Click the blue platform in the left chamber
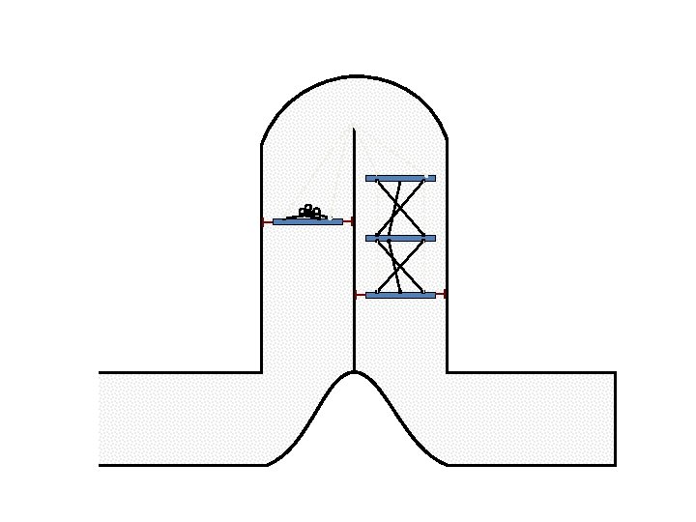click(307, 221)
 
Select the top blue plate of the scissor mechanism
click(400, 178)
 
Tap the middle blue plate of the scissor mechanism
click(400, 238)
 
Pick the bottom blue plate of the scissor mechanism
click(400, 295)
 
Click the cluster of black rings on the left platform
click(308, 211)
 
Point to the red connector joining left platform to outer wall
click(268, 221)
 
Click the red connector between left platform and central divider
click(348, 221)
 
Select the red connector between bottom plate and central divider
click(361, 295)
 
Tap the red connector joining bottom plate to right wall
click(441, 295)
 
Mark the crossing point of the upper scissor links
click(400, 207)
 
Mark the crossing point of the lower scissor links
click(400, 266)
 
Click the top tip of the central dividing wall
click(355, 129)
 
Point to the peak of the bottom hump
click(355, 373)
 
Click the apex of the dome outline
click(355, 75)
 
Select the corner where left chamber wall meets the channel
click(262, 372)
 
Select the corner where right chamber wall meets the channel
click(447, 372)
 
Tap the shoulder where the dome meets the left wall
click(262, 146)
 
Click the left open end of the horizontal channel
click(100, 419)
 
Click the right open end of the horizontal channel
click(615, 419)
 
